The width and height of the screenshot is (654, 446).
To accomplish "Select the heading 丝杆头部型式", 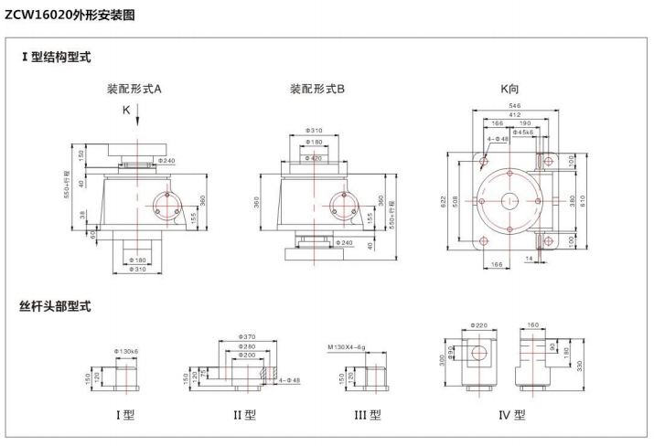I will click(x=55, y=305).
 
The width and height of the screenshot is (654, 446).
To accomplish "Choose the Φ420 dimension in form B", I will click(x=314, y=158).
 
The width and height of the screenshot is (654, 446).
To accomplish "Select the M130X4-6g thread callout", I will click(x=347, y=347).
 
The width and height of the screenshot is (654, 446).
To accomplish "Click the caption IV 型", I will click(x=511, y=414).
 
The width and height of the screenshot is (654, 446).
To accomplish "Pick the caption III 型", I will click(x=368, y=414).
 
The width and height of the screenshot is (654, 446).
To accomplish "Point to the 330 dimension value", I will click(x=579, y=365).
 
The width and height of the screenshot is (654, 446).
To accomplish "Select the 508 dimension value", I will click(x=456, y=199).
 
